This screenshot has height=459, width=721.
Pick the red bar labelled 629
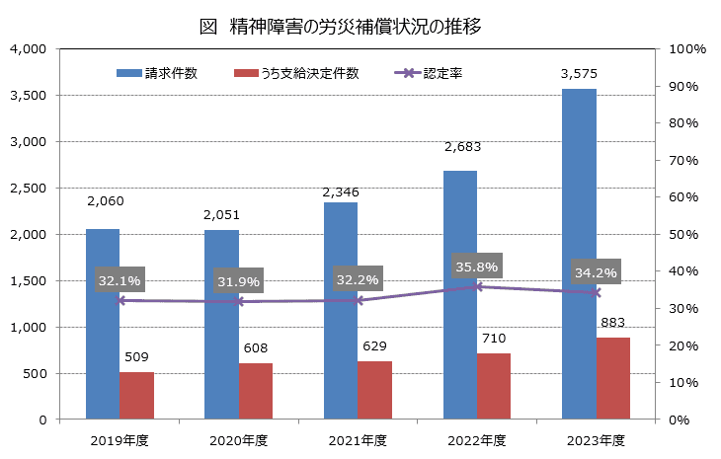pos(375,390)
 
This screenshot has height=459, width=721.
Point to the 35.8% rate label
pos(477,266)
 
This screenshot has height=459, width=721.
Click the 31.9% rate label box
pos(239,283)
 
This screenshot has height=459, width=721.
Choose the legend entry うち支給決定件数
pos(297,73)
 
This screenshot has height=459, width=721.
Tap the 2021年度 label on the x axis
pos(357,439)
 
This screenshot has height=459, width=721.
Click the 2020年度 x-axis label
pos(238,439)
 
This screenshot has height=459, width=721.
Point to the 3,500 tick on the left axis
pos(27,95)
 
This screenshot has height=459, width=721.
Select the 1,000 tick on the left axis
pos(27,327)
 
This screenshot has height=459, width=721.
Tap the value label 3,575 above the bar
pos(579,73)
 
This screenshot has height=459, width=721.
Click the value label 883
pos(613,322)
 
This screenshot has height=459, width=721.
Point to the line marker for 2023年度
pos(596,292)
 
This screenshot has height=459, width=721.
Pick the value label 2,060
pos(104,200)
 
